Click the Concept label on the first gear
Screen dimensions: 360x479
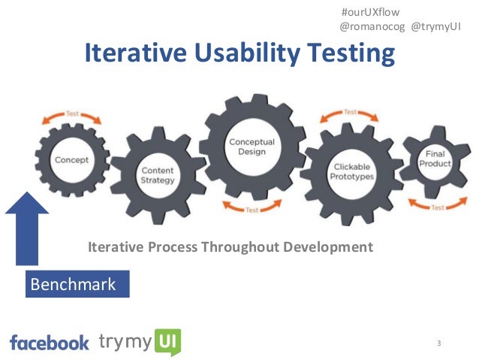[71, 160]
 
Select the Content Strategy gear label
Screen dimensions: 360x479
[158, 175]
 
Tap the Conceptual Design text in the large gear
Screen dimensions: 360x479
[252, 146]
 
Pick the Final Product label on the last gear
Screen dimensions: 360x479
[435, 159]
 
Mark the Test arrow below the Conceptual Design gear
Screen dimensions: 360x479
[252, 209]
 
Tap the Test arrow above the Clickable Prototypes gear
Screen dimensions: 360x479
[349, 113]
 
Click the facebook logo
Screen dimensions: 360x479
[49, 343]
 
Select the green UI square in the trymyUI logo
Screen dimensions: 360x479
[168, 341]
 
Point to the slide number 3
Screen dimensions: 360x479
[438, 343]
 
